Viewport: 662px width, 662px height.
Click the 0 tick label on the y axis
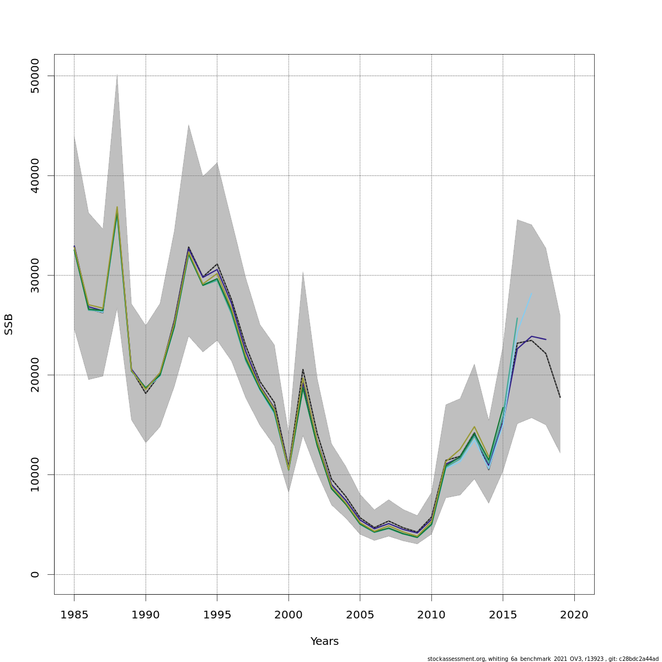click(35, 574)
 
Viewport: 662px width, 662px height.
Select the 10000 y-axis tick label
click(35, 474)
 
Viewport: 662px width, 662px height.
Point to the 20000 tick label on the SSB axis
click(35, 375)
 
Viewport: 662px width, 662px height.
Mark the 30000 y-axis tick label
click(35, 275)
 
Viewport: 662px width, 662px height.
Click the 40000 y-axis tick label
click(35, 175)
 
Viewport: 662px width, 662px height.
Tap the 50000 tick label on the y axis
click(35, 76)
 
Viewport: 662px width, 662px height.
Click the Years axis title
click(324, 642)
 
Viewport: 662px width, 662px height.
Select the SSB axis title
click(9, 324)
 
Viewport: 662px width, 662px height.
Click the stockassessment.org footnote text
click(543, 659)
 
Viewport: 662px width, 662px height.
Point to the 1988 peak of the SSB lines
click(117, 207)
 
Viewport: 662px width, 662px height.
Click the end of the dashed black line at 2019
click(560, 397)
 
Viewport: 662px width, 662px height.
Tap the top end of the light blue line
click(531, 293)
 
